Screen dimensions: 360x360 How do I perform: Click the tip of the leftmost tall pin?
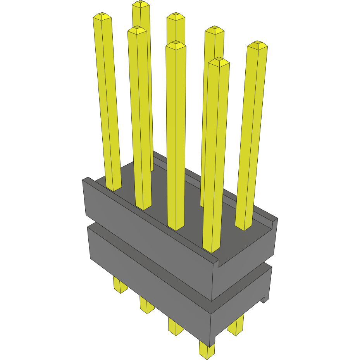tap(102, 17)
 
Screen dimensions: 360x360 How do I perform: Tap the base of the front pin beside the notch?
tap(211, 249)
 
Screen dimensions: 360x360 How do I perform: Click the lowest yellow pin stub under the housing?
tap(207, 349)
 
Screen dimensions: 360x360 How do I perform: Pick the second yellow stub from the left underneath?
tap(146, 306)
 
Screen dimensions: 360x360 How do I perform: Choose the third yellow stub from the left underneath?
tap(176, 327)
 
